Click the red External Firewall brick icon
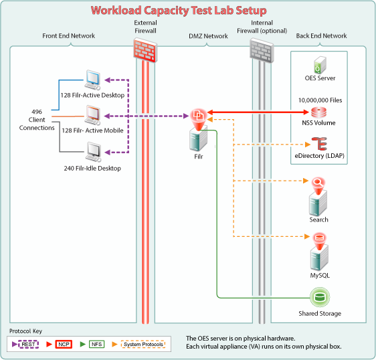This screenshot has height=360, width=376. pos(145,50)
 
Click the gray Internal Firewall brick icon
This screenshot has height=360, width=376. pos(262,50)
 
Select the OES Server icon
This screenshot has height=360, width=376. pos(320,64)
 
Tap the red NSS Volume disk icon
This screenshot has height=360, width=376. pos(318,112)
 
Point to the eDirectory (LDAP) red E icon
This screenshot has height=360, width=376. pos(319,143)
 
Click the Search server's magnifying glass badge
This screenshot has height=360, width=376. pos(318,183)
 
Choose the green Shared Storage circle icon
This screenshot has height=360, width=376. pos(320,297)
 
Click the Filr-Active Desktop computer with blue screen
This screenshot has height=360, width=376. pos(93,80)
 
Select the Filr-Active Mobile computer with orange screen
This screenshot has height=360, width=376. pos(93,115)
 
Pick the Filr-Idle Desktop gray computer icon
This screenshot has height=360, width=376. pos(93,152)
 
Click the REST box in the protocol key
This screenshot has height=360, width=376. pos(29,344)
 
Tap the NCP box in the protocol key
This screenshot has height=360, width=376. pos(64,344)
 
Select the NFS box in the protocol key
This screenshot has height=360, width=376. pos(96,344)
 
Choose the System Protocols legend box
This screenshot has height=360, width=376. pos(143,344)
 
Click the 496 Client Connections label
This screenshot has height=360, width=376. pos(37,120)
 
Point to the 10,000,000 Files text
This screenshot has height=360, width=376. pos(320,100)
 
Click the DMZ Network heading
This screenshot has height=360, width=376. pos(208,36)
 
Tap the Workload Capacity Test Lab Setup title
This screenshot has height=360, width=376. pos(179,11)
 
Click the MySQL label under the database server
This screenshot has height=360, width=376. pos(320,275)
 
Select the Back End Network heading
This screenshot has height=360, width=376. pos(321,35)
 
